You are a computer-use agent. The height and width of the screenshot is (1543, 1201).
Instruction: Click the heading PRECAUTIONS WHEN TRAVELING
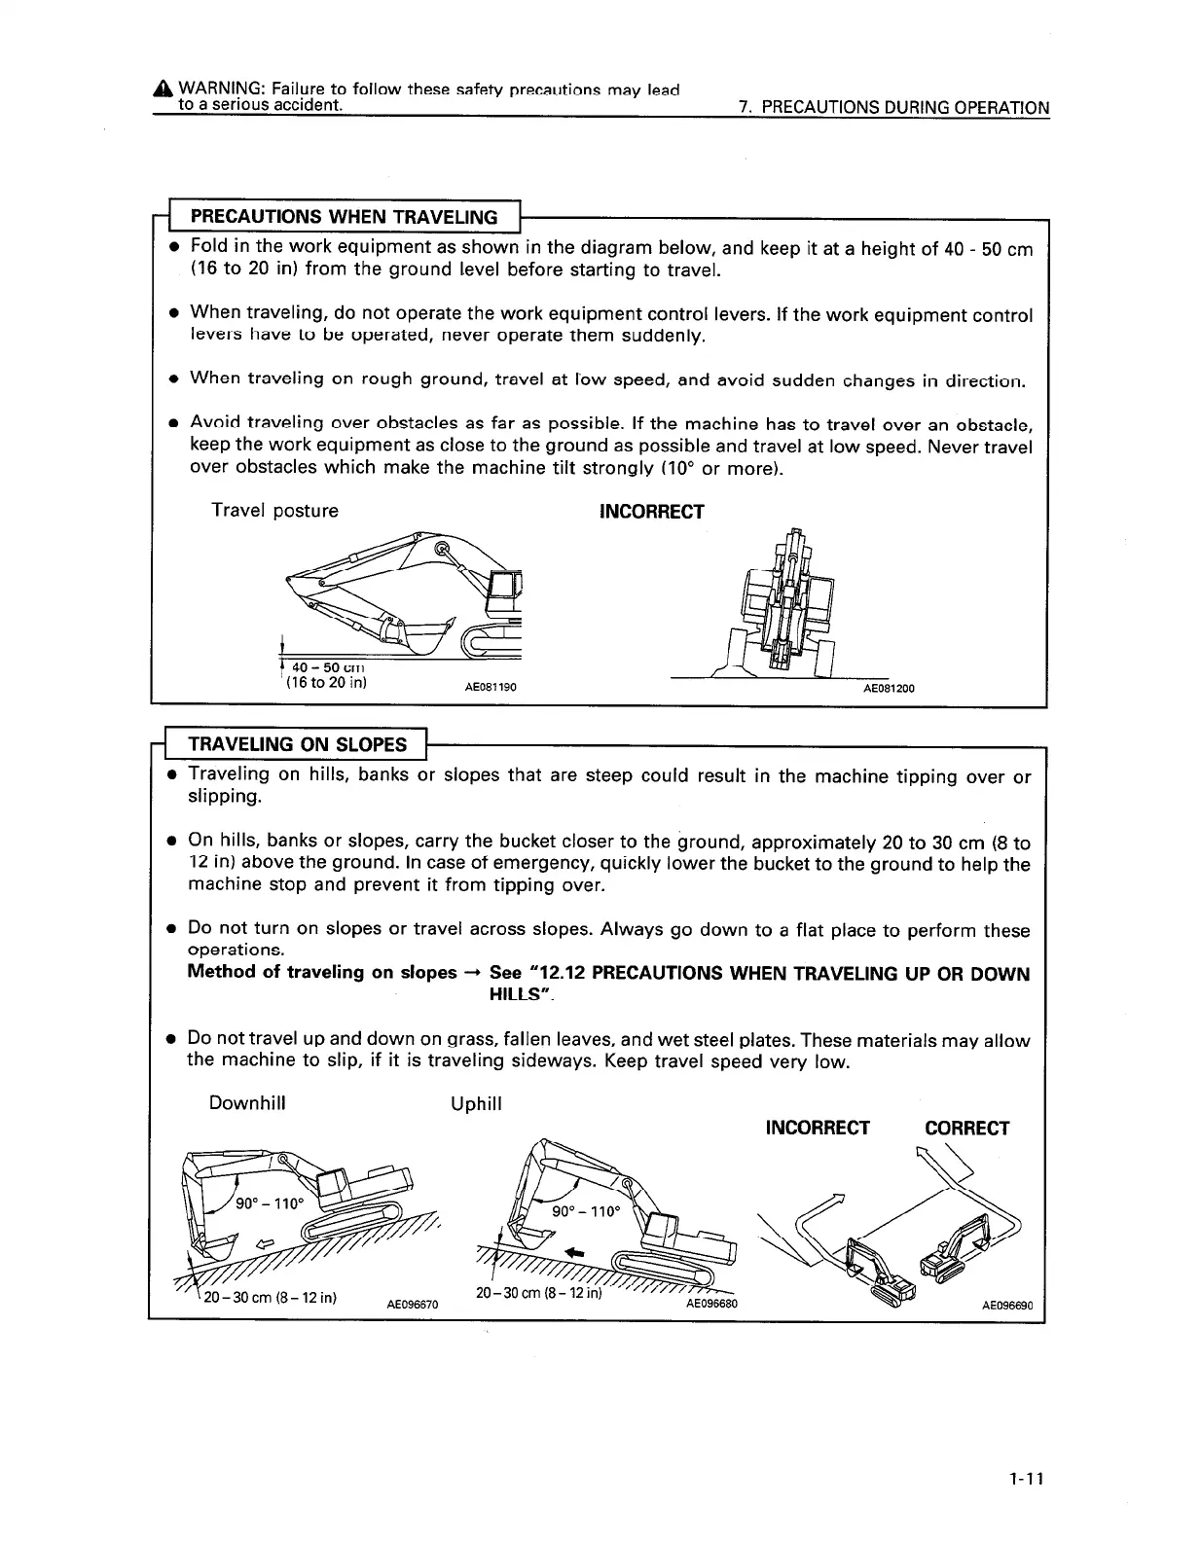click(x=344, y=216)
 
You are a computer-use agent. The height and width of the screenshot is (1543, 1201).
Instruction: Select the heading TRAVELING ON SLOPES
click(x=297, y=744)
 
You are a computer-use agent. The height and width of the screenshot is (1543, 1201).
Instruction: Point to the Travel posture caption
click(x=275, y=511)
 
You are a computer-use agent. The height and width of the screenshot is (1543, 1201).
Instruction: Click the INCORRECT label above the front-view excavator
click(x=651, y=512)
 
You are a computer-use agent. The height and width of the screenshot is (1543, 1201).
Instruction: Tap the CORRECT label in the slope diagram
click(x=966, y=1129)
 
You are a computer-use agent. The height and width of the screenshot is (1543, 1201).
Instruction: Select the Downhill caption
click(x=247, y=1103)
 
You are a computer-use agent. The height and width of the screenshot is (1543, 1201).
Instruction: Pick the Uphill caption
click(x=476, y=1104)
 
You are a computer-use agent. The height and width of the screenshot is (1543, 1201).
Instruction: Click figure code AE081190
click(x=490, y=688)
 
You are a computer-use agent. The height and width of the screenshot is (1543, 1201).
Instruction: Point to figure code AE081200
click(x=890, y=688)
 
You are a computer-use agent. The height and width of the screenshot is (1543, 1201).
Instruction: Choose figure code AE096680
click(x=711, y=1304)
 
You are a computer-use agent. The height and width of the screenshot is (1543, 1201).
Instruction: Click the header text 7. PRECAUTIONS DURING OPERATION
click(x=893, y=108)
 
